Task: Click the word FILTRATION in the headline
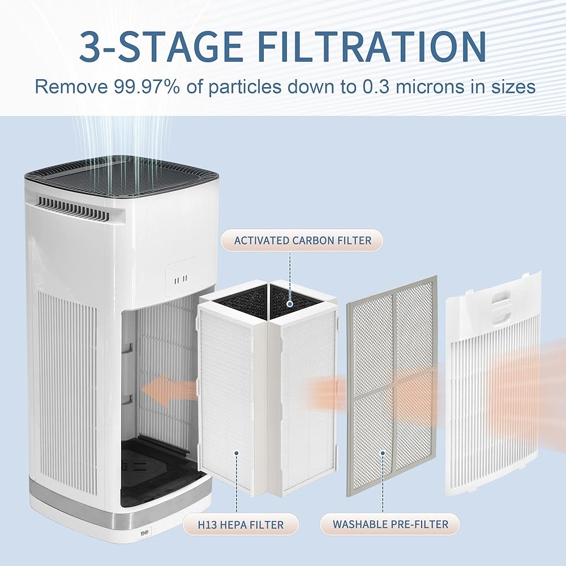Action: point(372,46)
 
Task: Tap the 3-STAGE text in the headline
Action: point(161,46)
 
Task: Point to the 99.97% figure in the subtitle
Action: point(147,87)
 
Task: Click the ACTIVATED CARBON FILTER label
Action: point(302,241)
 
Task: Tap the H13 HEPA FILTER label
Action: point(241,525)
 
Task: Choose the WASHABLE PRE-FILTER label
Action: point(390,525)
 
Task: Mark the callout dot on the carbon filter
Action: point(290,305)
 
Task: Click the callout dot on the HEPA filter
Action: point(237,453)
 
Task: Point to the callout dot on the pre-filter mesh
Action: point(383,453)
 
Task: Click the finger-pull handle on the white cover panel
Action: point(500,308)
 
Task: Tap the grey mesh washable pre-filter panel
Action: point(392,385)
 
